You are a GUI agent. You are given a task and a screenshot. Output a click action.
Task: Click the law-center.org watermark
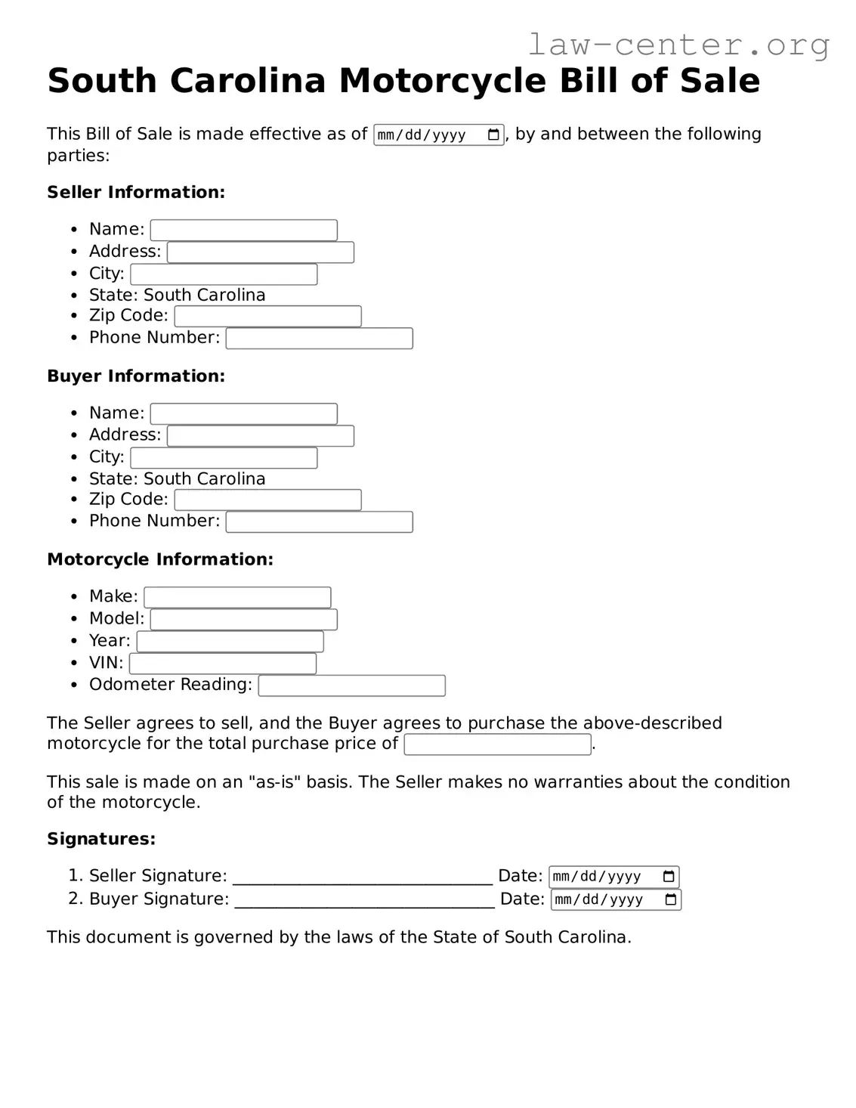click(678, 45)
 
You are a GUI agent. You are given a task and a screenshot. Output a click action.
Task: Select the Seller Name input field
click(243, 230)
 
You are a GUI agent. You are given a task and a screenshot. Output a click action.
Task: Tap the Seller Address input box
click(260, 252)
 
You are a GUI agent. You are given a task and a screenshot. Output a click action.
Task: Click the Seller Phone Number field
click(319, 339)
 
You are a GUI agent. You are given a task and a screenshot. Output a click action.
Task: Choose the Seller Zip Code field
click(267, 316)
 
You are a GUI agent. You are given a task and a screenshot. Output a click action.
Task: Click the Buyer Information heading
click(136, 376)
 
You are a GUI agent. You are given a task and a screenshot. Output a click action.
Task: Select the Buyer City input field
click(224, 458)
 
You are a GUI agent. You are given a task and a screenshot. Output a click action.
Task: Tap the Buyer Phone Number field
click(319, 522)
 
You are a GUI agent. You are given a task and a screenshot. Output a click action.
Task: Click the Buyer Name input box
click(243, 413)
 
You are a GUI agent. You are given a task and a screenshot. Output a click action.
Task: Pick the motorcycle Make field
click(237, 598)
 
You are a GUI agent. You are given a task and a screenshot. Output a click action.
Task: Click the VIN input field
click(223, 664)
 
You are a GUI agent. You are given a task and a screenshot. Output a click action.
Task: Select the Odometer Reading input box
click(351, 686)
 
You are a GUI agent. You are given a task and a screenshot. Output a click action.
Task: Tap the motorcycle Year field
click(230, 642)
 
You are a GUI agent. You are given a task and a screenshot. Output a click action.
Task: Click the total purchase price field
click(497, 744)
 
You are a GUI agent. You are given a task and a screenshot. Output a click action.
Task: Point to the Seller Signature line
click(363, 877)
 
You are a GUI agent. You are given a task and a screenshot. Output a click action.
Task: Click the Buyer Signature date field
click(608, 899)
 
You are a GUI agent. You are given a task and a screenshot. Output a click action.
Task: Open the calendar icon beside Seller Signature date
click(669, 877)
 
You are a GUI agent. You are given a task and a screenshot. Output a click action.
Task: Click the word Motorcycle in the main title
click(442, 81)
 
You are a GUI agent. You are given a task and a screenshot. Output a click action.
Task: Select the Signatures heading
click(101, 839)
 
